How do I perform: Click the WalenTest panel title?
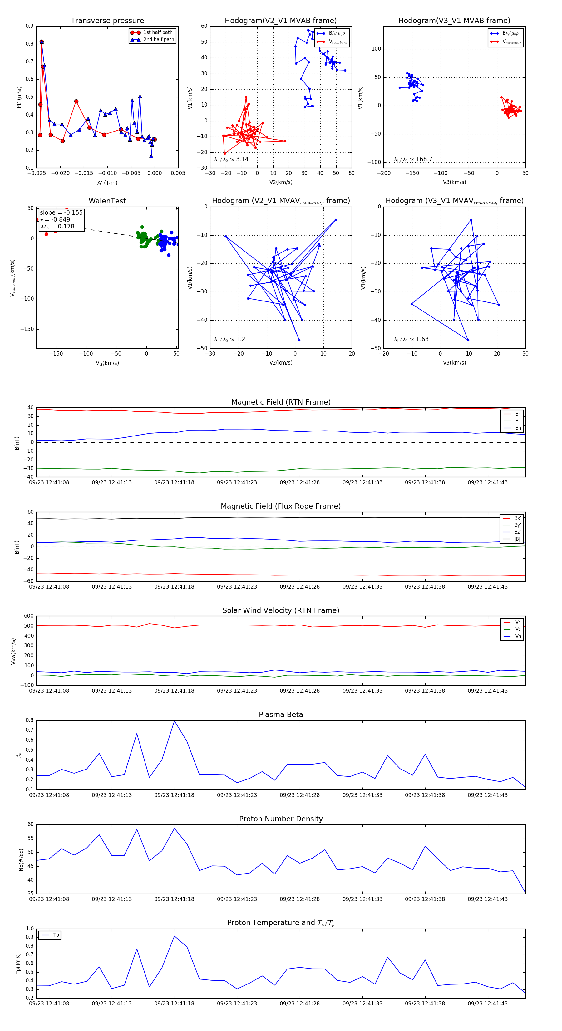coord(107,201)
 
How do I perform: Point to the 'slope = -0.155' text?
coord(61,212)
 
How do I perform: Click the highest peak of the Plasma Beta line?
coord(175,721)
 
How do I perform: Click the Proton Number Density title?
coord(281,819)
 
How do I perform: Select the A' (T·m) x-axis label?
coord(107,182)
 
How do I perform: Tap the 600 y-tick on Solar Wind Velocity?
coord(29,616)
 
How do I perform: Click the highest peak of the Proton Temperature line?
coord(175,936)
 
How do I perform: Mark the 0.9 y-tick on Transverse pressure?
coord(30,26)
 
